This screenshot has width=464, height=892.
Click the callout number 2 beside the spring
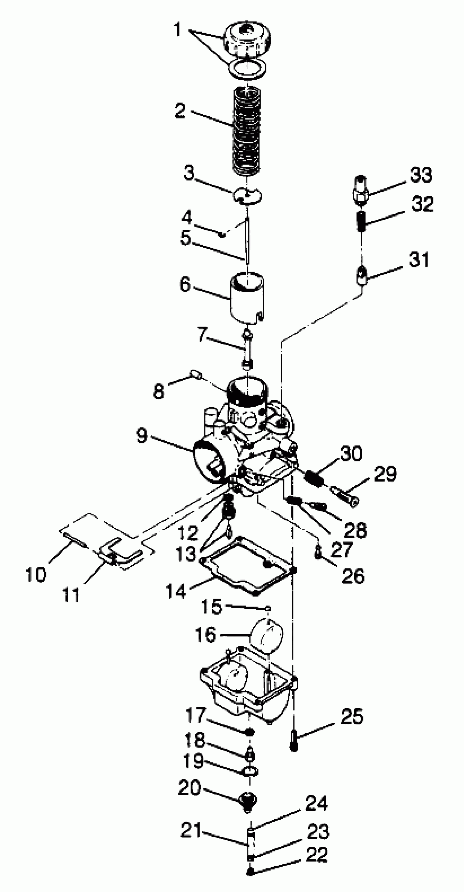(180, 111)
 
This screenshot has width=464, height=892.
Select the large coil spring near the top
(247, 132)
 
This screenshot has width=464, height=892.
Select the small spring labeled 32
(361, 222)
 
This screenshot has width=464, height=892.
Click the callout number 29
(385, 474)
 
